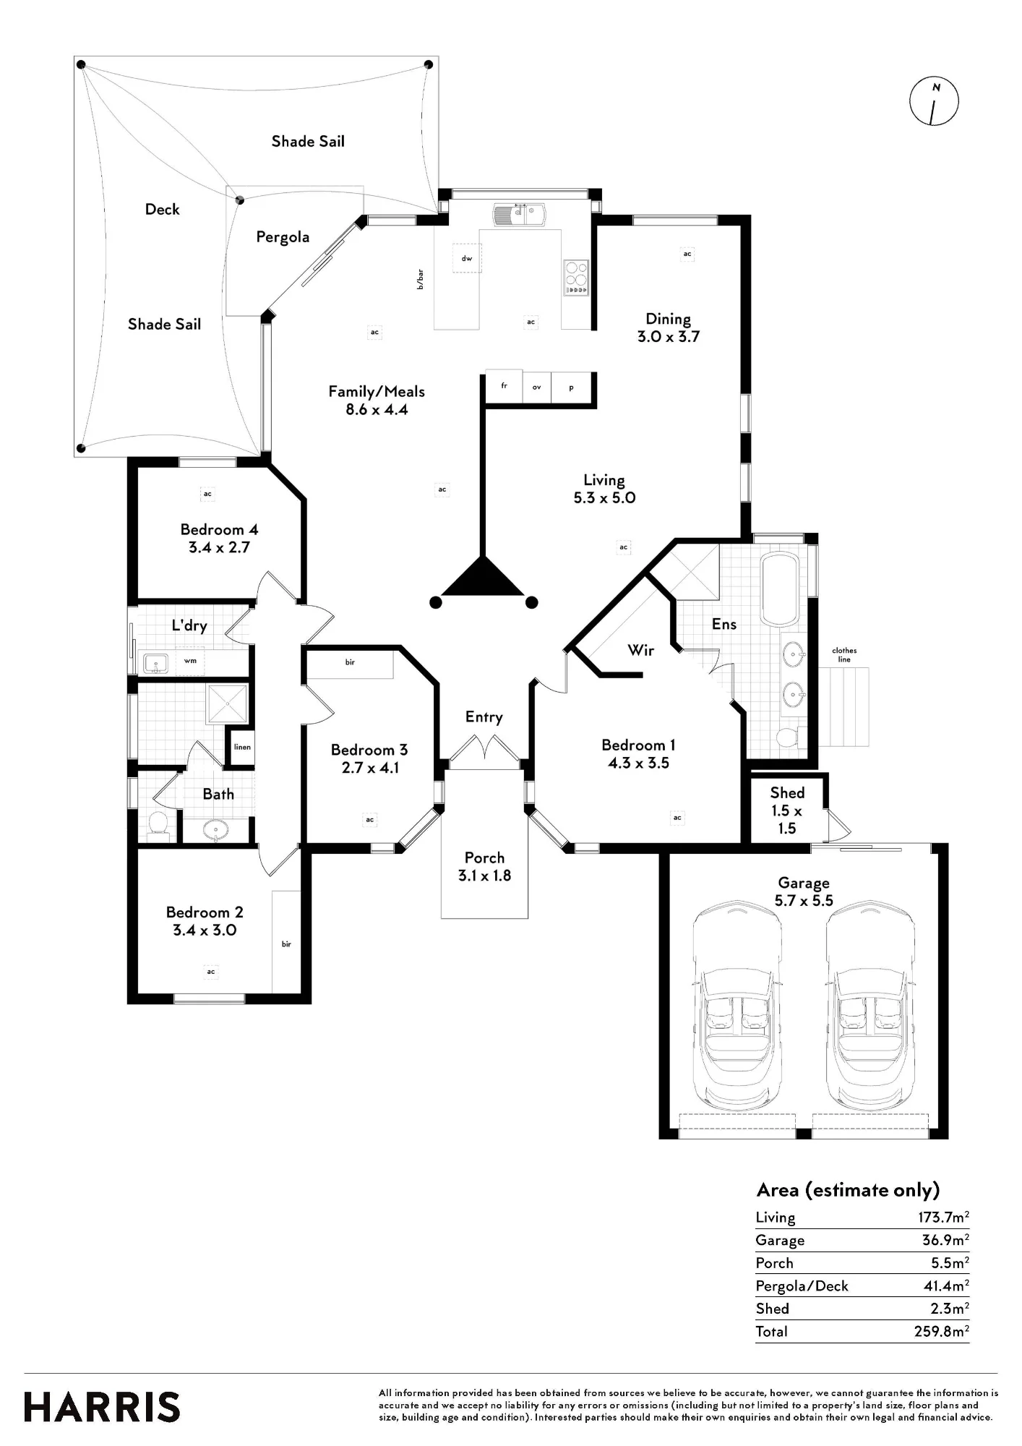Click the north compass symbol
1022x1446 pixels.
(x=934, y=101)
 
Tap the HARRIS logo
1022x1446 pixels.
(x=102, y=1407)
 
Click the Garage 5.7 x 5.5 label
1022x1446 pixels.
(x=804, y=891)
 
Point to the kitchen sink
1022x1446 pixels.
(x=520, y=215)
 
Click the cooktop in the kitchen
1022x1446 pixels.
(x=576, y=277)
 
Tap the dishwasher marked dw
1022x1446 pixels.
(x=467, y=258)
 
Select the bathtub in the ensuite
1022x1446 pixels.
(x=779, y=590)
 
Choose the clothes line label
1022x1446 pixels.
(x=844, y=655)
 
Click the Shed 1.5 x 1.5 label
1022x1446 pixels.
(x=787, y=810)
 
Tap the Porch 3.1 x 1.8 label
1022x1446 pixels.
(x=484, y=866)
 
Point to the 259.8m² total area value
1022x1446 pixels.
(x=941, y=1331)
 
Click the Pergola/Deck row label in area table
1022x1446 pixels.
(x=802, y=1285)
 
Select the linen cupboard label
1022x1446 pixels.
(x=242, y=747)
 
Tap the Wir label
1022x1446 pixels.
(x=640, y=650)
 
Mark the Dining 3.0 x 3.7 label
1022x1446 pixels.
(x=668, y=328)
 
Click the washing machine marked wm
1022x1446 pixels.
(x=190, y=661)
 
